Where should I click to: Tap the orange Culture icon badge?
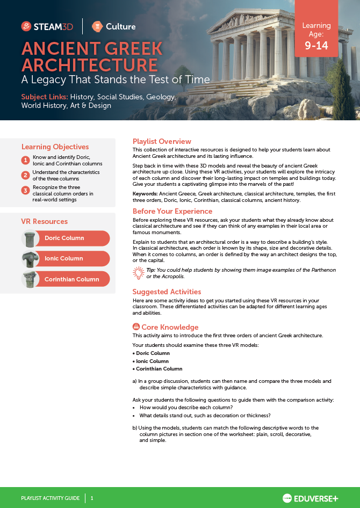(x=97, y=26)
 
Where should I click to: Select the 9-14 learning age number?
(x=316, y=46)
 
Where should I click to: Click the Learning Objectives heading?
(x=55, y=147)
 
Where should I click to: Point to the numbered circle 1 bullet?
(x=25, y=160)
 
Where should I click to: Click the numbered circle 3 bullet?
(x=25, y=190)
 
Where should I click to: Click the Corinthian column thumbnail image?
(x=31, y=279)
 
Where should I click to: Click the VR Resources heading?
(x=44, y=221)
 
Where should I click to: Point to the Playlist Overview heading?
(x=162, y=142)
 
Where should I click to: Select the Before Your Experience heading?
(x=172, y=211)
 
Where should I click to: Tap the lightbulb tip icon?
(x=138, y=273)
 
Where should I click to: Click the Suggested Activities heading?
(x=167, y=292)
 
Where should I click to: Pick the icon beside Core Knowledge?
(x=136, y=327)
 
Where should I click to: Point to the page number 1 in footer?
(x=92, y=498)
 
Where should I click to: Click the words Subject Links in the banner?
(x=45, y=97)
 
